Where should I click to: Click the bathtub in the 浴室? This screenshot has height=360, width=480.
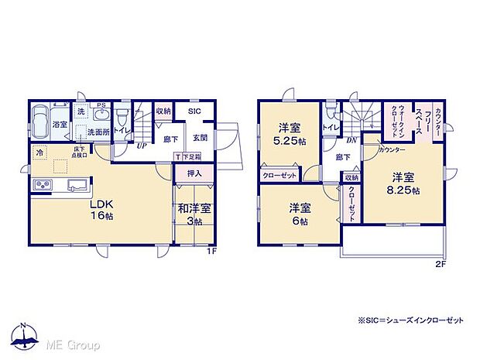tap(40, 124)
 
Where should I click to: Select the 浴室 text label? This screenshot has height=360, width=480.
tap(59, 124)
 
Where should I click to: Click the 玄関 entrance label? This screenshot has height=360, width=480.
tap(200, 138)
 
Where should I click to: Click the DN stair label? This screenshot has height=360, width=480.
tap(351, 140)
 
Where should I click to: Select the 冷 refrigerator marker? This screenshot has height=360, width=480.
tap(39, 153)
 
